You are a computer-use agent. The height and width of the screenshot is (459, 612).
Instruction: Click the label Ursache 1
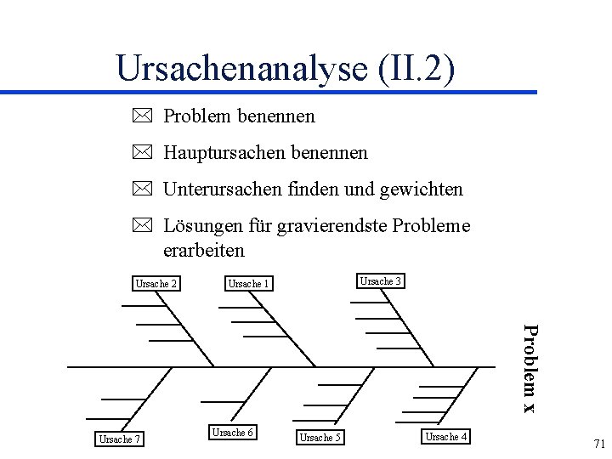[x=249, y=284]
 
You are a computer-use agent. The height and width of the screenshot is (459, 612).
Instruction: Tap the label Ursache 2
[x=156, y=284]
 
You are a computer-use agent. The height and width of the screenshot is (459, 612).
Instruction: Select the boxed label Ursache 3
[x=381, y=281]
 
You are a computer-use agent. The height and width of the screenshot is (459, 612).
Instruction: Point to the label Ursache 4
[x=446, y=437]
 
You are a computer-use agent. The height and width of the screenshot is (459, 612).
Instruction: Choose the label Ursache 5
[x=320, y=439]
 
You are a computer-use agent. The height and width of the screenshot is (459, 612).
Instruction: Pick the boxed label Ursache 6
[x=232, y=433]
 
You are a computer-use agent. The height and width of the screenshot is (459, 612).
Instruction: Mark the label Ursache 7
[x=120, y=439]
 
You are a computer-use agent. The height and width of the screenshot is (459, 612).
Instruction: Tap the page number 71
[x=598, y=444]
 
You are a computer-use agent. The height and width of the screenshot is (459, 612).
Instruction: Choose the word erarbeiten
[x=203, y=250]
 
